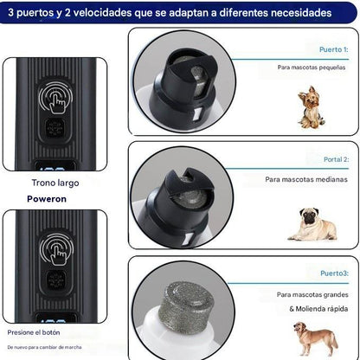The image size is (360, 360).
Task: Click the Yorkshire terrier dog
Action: (309, 106)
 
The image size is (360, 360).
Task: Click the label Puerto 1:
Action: (332, 49)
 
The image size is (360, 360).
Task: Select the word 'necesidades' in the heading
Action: (293, 14)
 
